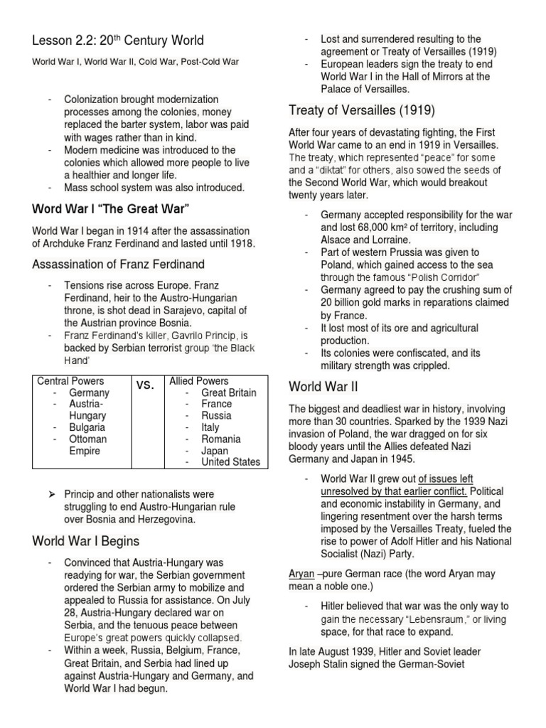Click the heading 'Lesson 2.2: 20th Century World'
(x=118, y=41)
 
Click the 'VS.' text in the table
(x=145, y=385)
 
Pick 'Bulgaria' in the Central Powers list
(x=87, y=427)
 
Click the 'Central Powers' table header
(x=70, y=381)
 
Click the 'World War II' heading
(x=322, y=386)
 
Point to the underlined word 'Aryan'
(x=301, y=574)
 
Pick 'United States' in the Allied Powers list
(x=230, y=461)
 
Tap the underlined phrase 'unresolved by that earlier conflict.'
(x=394, y=491)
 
